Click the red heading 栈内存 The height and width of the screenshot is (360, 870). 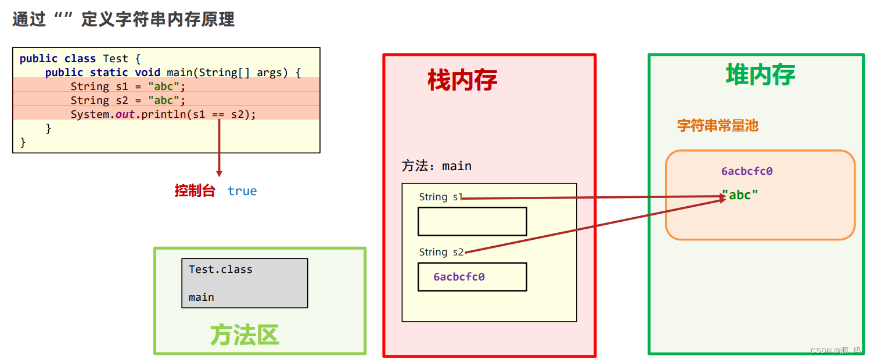click(462, 80)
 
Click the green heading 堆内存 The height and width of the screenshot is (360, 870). click(760, 75)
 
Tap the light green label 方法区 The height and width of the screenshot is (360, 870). click(245, 335)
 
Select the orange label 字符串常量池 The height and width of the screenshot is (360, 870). click(717, 125)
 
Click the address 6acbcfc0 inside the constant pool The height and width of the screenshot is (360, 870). click(747, 171)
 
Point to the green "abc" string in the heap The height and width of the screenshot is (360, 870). click(740, 195)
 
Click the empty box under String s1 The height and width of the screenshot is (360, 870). click(472, 221)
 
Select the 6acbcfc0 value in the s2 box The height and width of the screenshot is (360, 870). click(459, 277)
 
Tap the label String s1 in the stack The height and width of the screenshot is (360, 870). click(441, 197)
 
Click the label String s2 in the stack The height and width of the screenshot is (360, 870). click(441, 252)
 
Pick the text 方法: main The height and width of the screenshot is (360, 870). click(436, 166)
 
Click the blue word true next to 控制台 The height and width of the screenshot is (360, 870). click(242, 191)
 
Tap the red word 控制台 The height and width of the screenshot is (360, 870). click(195, 191)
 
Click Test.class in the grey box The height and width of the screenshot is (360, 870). click(221, 269)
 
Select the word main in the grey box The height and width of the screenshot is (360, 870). click(202, 297)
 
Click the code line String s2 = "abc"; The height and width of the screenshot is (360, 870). click(128, 100)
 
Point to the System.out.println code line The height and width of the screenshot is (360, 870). click(163, 114)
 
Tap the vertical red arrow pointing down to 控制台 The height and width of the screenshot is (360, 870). click(219, 147)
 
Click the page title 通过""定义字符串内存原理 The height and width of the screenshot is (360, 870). click(124, 19)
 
